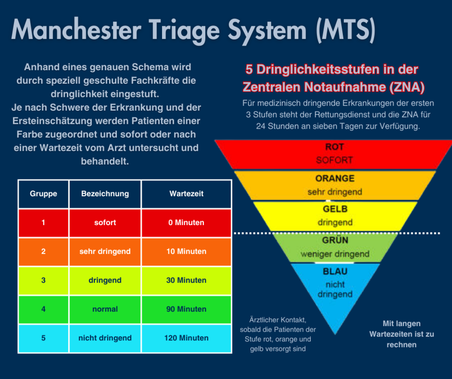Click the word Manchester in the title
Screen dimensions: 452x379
point(76,30)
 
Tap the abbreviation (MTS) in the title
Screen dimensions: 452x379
point(346,30)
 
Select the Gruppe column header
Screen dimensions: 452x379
point(43,194)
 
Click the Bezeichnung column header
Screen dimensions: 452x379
point(105,194)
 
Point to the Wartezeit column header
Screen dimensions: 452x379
point(186,194)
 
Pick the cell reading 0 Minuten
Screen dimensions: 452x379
point(186,223)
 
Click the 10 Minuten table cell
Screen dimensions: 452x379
point(186,251)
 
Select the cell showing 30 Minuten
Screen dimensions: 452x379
point(186,281)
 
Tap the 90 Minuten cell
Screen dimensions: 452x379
point(186,309)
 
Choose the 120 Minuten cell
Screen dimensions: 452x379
point(186,338)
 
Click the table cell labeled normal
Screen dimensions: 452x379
point(105,309)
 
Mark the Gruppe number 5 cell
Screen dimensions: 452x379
point(43,338)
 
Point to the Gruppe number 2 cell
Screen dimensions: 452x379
point(43,251)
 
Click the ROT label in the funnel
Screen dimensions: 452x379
point(334,147)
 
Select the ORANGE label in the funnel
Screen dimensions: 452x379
point(335,178)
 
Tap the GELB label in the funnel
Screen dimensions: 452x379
point(335,209)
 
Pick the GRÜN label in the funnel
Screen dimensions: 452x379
point(335,240)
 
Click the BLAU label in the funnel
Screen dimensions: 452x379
point(335,272)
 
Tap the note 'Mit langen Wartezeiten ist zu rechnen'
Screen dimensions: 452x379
point(402,334)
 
